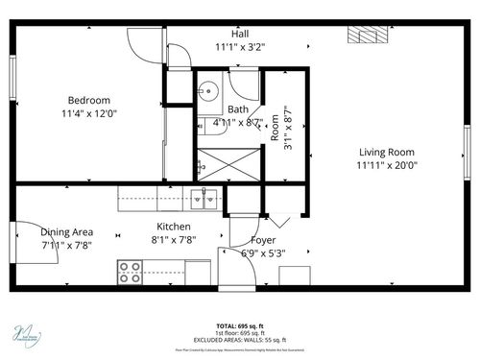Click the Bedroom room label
point(88,100)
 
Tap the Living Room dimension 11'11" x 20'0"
point(387,165)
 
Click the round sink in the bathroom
point(207,92)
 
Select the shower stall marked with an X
point(229,163)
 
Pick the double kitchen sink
point(203,200)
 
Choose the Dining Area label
point(66,231)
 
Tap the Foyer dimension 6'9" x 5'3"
point(263,252)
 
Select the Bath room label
point(238,109)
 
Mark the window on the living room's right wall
point(467,152)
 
